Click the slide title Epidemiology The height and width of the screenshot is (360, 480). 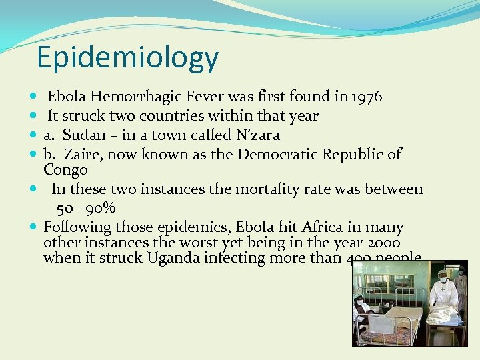tap(127, 57)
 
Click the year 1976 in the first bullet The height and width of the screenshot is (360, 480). tap(365, 97)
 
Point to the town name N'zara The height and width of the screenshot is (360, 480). tap(257, 135)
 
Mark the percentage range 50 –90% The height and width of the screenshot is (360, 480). tap(86, 207)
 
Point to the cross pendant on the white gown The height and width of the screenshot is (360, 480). tap(442, 291)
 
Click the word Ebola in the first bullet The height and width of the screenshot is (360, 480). tap(65, 97)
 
